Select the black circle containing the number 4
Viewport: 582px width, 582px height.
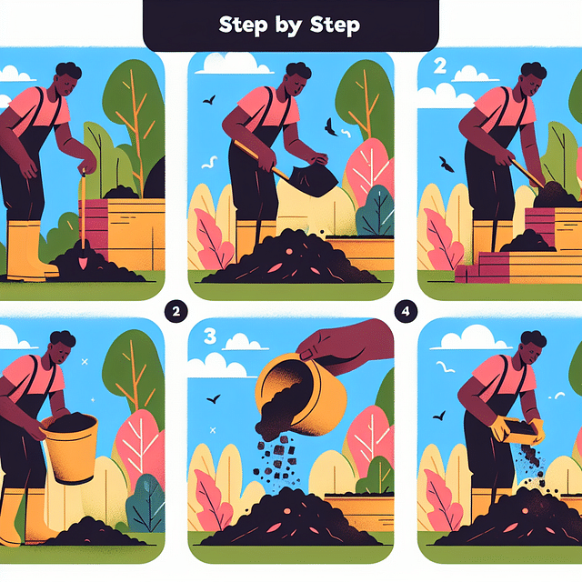(406, 310)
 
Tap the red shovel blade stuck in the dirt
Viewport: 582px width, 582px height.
(82, 261)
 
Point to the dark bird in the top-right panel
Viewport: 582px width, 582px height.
(446, 164)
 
